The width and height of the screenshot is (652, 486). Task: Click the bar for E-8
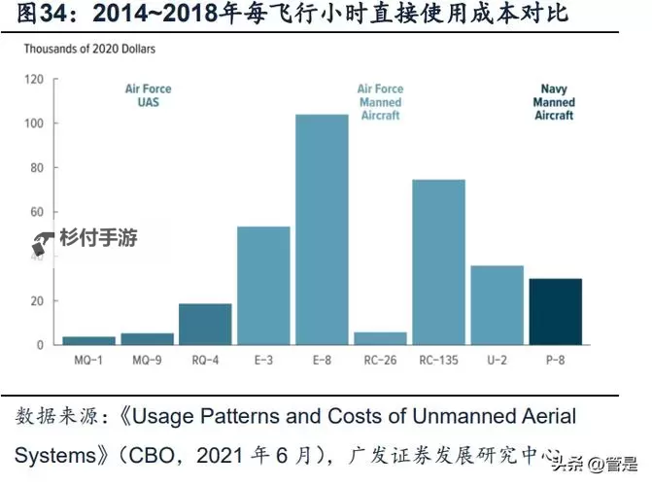click(x=322, y=229)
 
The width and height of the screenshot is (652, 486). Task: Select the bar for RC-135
click(x=438, y=262)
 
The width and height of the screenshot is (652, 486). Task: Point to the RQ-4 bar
click(x=205, y=324)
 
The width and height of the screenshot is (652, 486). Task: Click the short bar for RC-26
click(x=380, y=338)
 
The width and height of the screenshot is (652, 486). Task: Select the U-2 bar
click(x=497, y=304)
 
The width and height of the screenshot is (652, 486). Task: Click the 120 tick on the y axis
click(x=35, y=79)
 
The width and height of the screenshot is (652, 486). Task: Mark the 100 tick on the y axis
click(x=35, y=123)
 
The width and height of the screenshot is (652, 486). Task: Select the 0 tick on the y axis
click(x=41, y=345)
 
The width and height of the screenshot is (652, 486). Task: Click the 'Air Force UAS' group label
click(x=148, y=95)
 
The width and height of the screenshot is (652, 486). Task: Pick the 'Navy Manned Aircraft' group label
click(x=555, y=102)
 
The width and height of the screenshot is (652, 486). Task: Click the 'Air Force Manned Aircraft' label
click(x=380, y=102)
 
